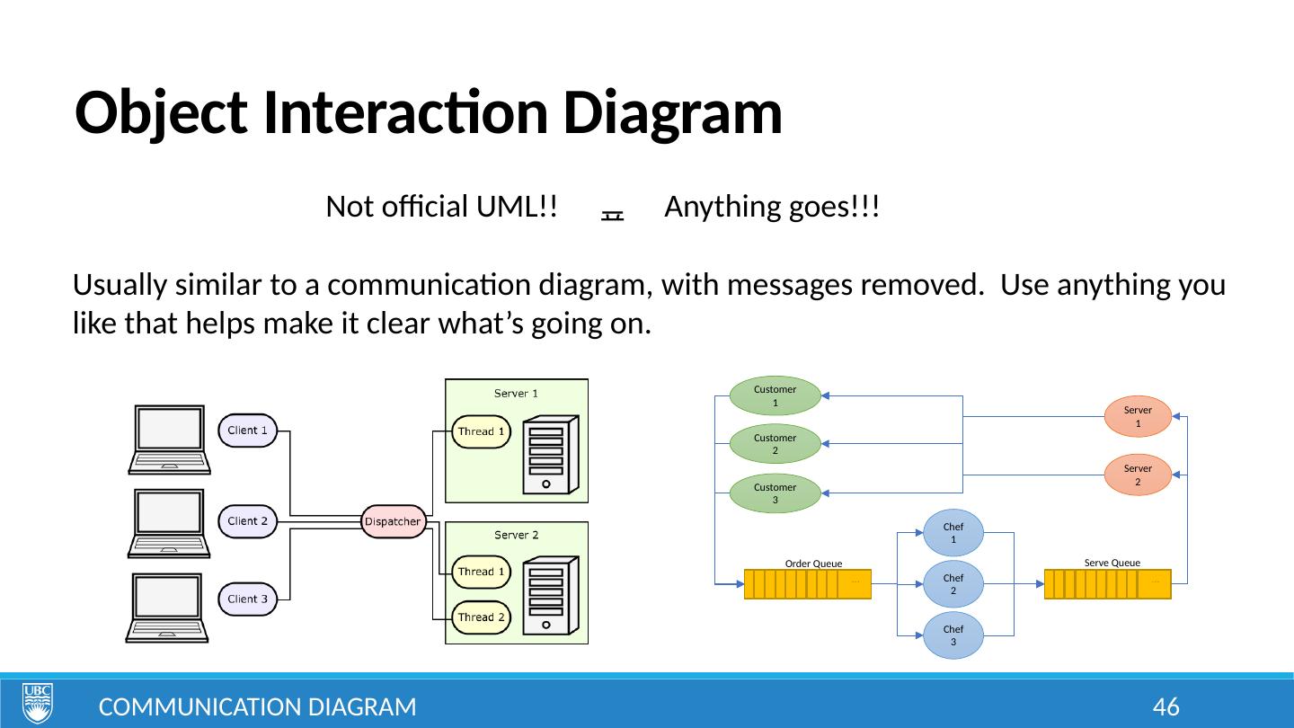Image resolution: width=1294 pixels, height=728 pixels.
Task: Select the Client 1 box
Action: point(248,431)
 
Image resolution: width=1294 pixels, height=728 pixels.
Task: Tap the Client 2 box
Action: point(248,521)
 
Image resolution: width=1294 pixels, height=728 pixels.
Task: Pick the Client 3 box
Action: point(248,599)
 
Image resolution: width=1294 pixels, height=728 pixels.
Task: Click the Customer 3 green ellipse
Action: point(775,493)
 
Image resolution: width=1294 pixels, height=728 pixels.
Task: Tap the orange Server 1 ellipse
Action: point(1138,416)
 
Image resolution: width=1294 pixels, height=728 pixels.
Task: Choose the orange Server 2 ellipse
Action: point(1138,475)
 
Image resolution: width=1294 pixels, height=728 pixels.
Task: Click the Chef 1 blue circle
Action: point(953,533)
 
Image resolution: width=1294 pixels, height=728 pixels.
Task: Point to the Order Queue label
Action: point(813,564)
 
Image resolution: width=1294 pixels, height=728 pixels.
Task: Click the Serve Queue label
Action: point(1112,563)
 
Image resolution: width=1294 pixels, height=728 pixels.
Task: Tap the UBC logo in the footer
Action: point(38,702)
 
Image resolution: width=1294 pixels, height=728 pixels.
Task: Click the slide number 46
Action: point(1165,707)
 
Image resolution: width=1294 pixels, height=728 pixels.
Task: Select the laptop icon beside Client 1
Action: point(170,439)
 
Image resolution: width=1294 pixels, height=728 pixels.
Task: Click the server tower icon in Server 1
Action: point(547,454)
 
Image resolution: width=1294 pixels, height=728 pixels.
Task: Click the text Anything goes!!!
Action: point(772,208)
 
